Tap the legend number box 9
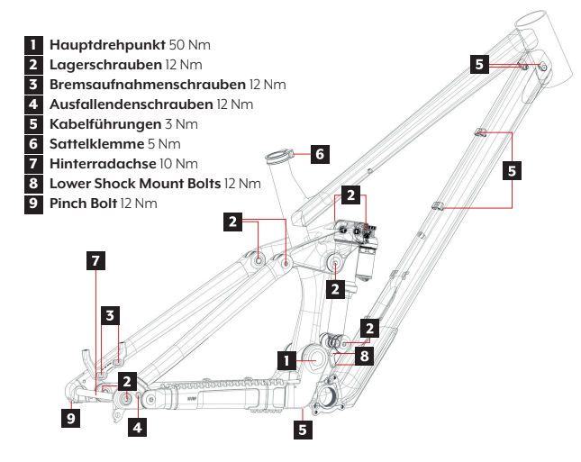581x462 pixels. tap(32, 203)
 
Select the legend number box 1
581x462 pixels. tap(32, 44)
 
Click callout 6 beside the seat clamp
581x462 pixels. tap(320, 154)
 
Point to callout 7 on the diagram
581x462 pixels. tap(96, 261)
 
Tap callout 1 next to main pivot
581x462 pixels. tap(286, 360)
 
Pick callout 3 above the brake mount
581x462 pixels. tap(109, 314)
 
